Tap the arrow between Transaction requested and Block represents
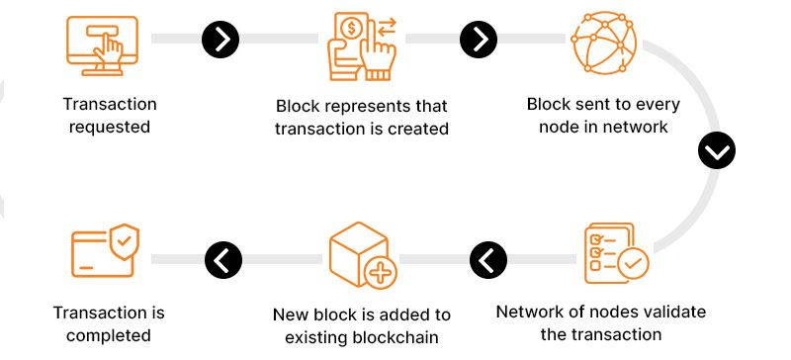(220, 39)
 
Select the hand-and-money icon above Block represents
(360, 45)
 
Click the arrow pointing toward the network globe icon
(479, 39)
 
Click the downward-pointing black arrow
(717, 150)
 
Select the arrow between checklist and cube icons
(486, 260)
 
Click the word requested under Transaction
(110, 127)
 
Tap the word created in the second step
(417, 129)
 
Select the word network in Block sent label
(638, 127)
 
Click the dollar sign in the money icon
(351, 25)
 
